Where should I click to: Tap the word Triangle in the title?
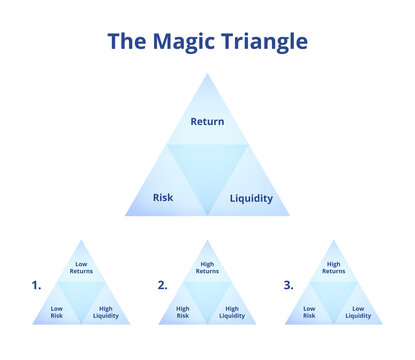(267, 42)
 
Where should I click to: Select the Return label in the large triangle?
(207, 122)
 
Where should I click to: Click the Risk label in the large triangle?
(163, 197)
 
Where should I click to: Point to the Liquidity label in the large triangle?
(251, 198)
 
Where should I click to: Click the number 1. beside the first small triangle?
(37, 285)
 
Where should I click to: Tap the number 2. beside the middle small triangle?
(162, 285)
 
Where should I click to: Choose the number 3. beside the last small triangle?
(288, 285)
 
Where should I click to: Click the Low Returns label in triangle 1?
(81, 268)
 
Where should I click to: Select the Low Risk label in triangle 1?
(57, 312)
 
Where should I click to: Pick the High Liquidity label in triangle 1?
(106, 312)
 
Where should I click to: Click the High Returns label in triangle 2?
(207, 268)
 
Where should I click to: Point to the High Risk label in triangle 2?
(183, 312)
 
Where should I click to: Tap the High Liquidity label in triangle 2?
(232, 312)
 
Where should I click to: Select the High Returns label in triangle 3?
(334, 268)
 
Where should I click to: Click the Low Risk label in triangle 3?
(309, 312)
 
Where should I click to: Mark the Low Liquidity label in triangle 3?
(358, 312)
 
